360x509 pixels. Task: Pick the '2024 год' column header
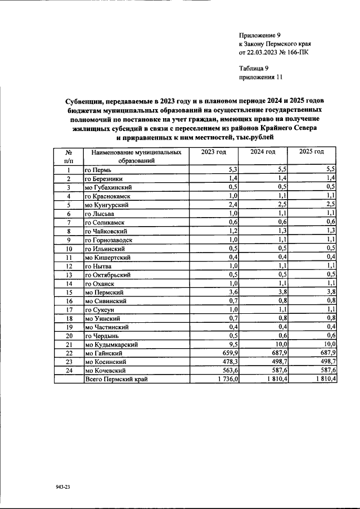coord(262,152)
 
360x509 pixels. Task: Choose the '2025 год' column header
coord(312,152)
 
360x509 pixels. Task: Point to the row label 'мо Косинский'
coord(105,362)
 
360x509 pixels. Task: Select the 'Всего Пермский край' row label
coord(116,380)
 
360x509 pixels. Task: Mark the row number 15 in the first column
coord(67,292)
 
